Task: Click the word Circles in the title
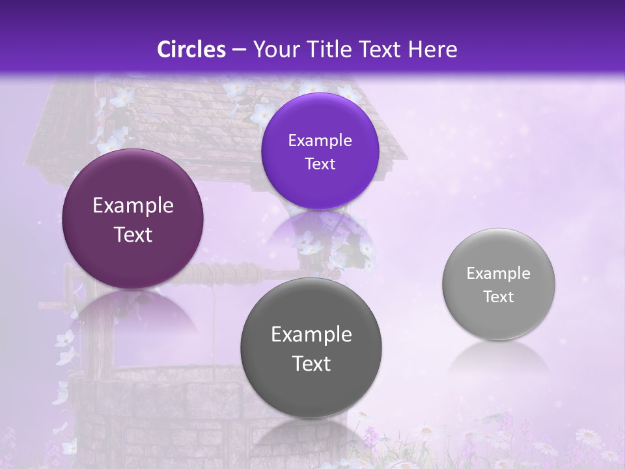pos(191,50)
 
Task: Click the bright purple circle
pos(320,151)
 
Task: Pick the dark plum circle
pos(133,219)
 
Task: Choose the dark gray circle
pos(311,348)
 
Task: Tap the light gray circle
pos(498,284)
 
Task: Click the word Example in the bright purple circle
pos(320,140)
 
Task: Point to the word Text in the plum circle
pos(133,234)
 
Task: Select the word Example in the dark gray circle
pos(311,335)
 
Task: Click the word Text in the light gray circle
pos(498,297)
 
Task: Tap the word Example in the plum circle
pos(133,206)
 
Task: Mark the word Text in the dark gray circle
pos(311,363)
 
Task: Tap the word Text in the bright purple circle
pos(320,164)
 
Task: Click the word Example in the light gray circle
pos(498,274)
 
